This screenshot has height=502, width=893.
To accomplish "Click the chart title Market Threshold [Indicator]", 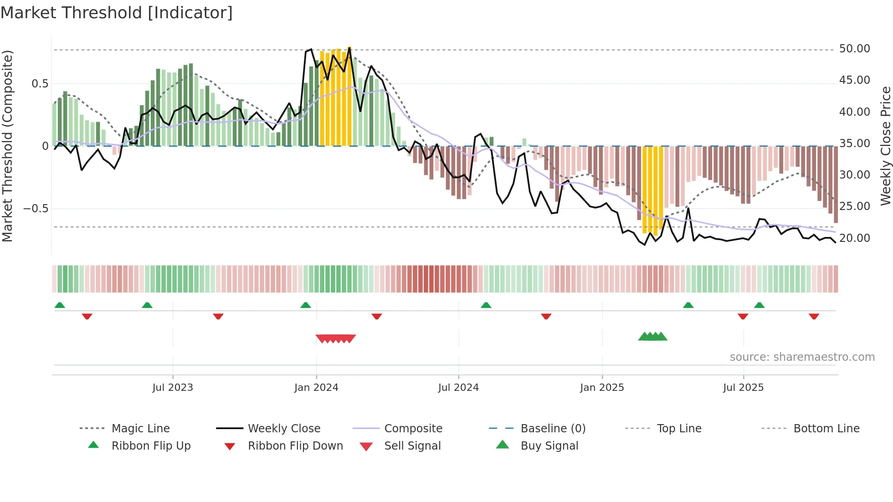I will pos(117,13).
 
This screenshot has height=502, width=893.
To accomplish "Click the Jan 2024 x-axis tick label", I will pos(316,388).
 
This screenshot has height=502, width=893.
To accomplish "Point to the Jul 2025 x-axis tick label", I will pos(743,388).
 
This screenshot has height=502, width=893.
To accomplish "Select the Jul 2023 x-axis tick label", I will pos(173,388).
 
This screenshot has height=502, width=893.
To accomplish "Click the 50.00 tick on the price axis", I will pos(854,49).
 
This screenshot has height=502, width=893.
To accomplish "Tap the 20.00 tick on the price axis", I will pos(854,238).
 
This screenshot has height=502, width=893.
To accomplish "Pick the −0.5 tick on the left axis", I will pos(36,209).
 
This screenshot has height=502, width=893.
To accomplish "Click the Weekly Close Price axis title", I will pos(885,146).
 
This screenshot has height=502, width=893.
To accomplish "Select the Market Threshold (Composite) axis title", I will pos(7,146).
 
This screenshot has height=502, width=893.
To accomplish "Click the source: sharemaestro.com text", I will pos(802,357).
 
